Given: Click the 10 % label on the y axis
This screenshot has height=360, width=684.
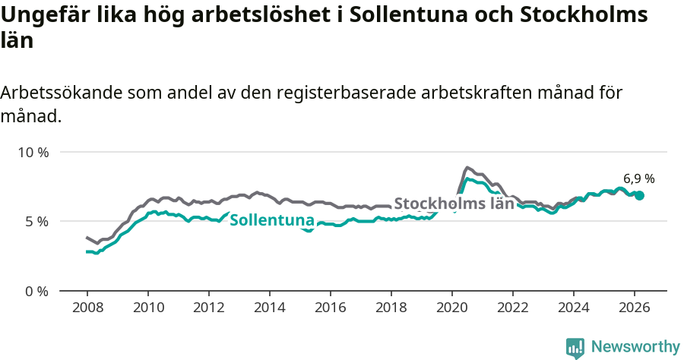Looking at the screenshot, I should point(33,152).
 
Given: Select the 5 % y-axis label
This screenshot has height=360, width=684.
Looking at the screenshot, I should point(36,222).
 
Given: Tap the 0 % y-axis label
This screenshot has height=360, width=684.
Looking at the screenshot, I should point(36,291).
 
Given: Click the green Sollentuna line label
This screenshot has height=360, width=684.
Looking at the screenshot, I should point(271,221).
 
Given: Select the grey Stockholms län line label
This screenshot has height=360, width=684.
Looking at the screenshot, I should point(454,204).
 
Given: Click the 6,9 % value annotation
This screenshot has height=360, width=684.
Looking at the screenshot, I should point(638,179).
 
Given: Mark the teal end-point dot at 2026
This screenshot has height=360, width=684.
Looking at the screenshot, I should point(639,195).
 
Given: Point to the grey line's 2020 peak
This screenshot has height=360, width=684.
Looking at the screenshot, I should point(467,167).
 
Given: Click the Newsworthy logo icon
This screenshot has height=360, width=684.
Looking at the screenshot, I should point(575,348).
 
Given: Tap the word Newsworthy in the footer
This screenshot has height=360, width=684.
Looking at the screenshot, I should point(635,347).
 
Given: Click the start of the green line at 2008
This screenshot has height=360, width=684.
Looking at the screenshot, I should point(87,251).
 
